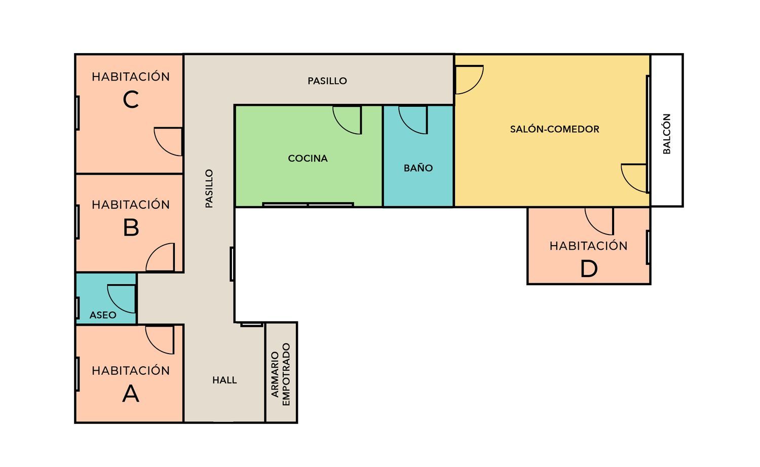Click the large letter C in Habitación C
coord(131,99)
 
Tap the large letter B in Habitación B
coord(131,227)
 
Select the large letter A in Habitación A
coord(131,394)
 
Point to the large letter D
coord(589,269)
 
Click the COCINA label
coord(308,159)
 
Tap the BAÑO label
coord(418,168)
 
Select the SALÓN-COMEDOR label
coord(555,129)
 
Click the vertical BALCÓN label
coord(667,134)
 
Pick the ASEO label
coord(103,315)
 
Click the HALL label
coord(224,380)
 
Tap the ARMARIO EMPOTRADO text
coord(281,374)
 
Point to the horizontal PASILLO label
coord(327,81)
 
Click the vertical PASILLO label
coord(209,188)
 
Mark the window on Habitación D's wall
coord(648,247)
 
